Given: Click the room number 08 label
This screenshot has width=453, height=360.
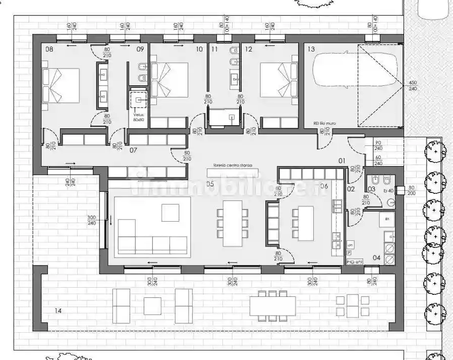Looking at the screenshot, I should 49,49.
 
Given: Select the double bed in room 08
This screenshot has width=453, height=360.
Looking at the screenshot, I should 62,85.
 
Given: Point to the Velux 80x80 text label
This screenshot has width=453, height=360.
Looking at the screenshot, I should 139,117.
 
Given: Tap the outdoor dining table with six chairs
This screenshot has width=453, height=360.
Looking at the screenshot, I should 272,305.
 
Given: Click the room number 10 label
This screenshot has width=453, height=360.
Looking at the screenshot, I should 199,49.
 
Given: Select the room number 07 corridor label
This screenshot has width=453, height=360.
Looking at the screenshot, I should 134,150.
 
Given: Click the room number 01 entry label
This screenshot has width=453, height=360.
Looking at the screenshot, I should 342,161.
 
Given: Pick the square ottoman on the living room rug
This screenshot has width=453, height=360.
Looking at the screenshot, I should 170,213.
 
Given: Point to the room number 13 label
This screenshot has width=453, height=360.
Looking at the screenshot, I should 311,49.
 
